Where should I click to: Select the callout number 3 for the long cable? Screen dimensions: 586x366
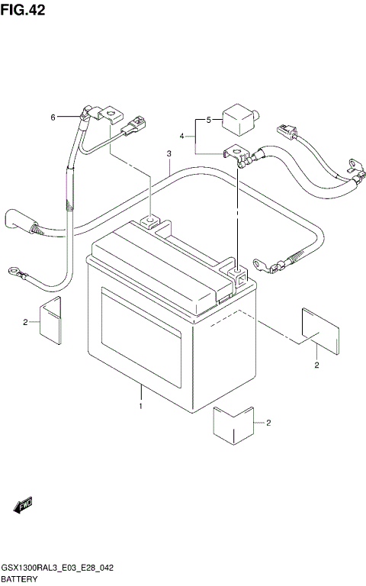[169, 155]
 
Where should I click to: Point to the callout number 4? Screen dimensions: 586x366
[181, 136]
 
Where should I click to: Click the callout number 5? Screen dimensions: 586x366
[207, 120]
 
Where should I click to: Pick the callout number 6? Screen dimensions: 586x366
[53, 118]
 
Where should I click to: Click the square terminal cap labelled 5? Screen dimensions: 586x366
[239, 119]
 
